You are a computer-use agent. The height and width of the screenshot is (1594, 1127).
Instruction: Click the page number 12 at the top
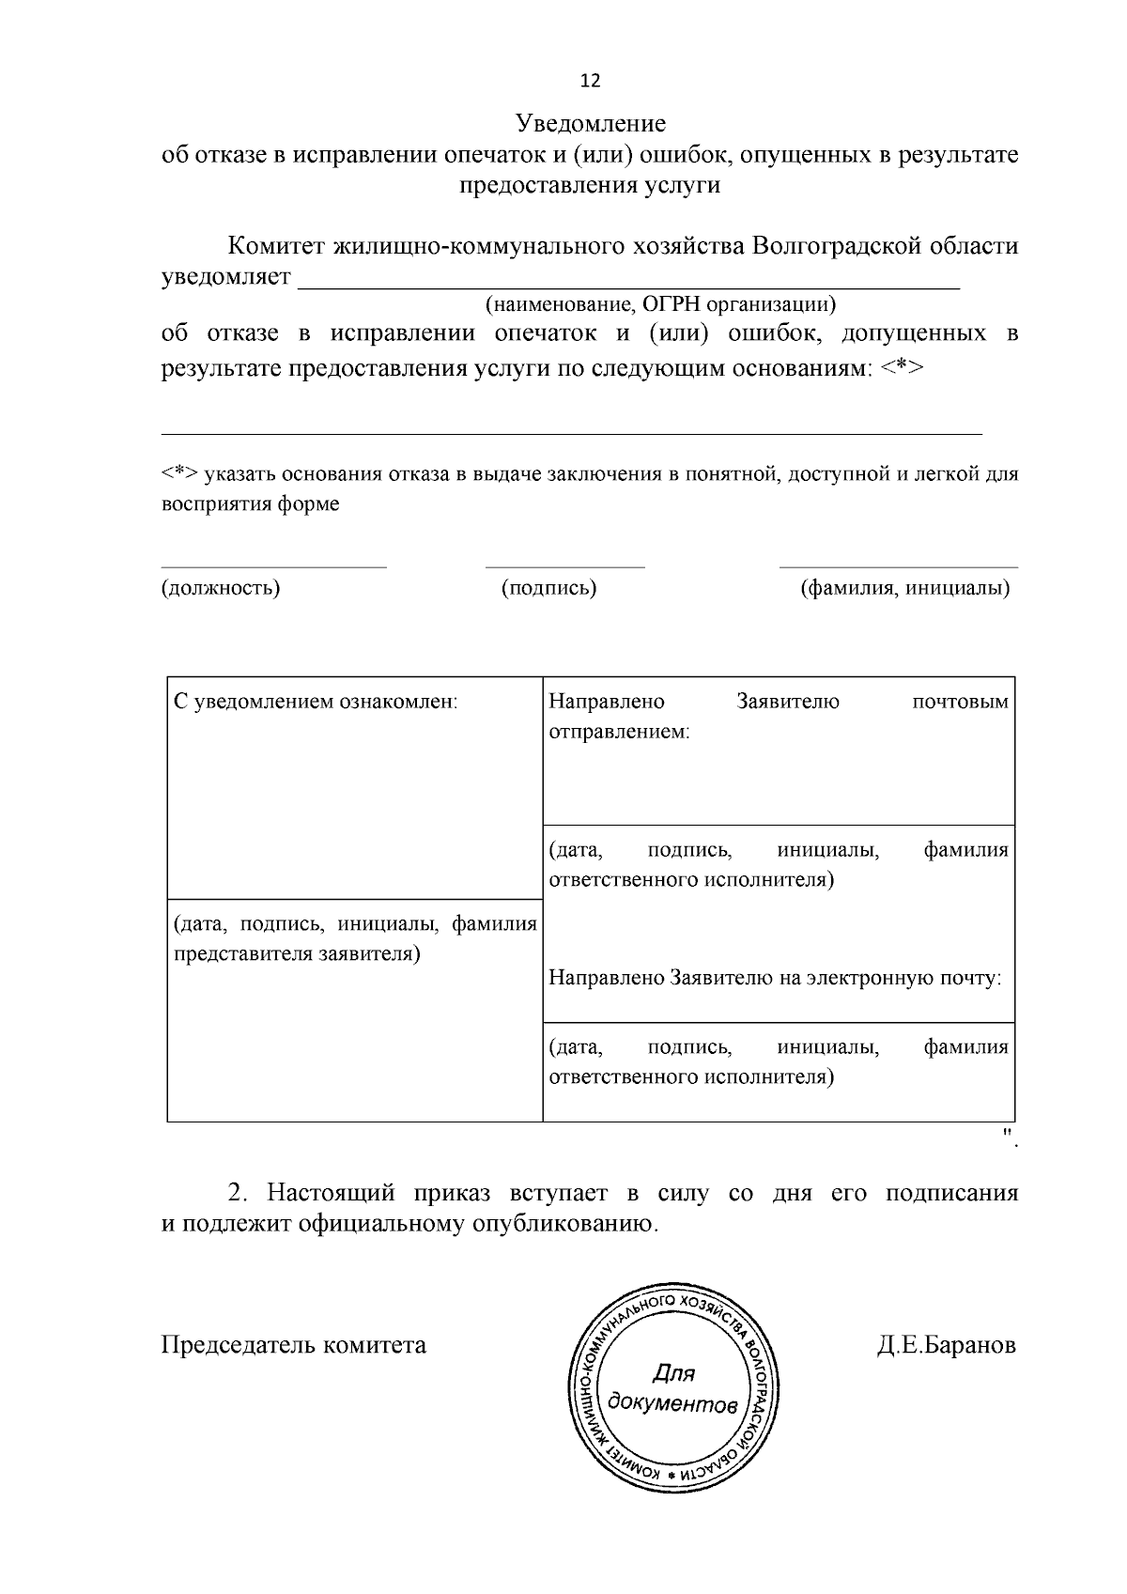pyautogui.click(x=591, y=81)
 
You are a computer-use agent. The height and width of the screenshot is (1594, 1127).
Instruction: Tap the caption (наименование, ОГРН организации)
pyautogui.click(x=659, y=304)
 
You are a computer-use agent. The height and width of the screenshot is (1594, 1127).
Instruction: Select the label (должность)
pyautogui.click(x=221, y=588)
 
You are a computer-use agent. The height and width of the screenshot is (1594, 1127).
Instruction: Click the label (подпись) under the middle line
pyautogui.click(x=549, y=588)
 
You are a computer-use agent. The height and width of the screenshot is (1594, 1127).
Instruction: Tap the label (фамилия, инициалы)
pyautogui.click(x=904, y=588)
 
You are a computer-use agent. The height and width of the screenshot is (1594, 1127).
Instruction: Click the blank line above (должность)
pyautogui.click(x=273, y=566)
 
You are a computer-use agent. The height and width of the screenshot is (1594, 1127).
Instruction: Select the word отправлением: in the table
pyautogui.click(x=619, y=732)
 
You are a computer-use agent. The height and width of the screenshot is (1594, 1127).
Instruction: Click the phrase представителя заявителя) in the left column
pyautogui.click(x=297, y=953)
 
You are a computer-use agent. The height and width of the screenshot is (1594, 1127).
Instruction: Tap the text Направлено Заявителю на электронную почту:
pyautogui.click(x=775, y=978)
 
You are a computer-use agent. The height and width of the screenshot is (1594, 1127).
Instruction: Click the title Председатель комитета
pyautogui.click(x=293, y=1345)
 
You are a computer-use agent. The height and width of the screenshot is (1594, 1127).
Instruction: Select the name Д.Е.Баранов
pyautogui.click(x=947, y=1345)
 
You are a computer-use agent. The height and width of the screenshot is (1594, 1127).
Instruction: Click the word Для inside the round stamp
pyautogui.click(x=673, y=1373)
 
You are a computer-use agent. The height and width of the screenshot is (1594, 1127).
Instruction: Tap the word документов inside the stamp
pyautogui.click(x=672, y=1403)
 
